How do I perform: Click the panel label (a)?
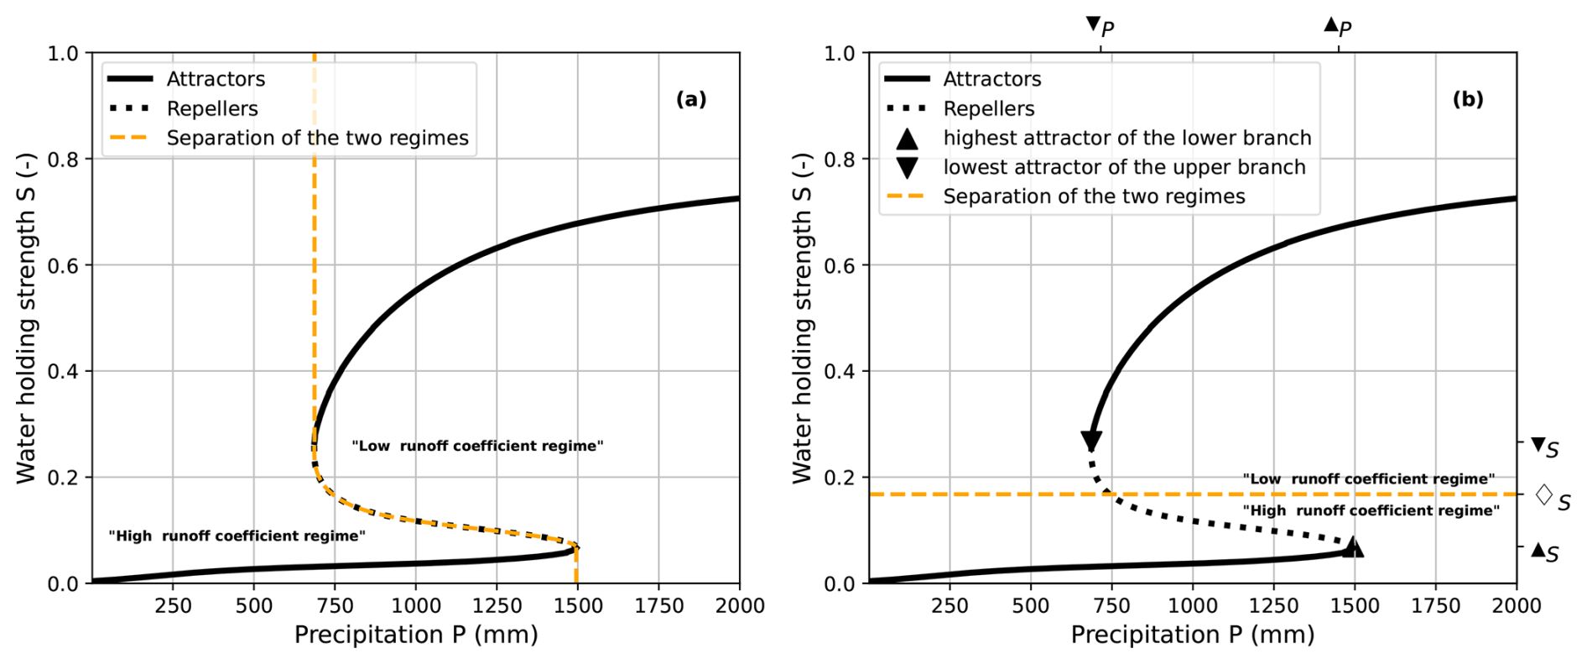(x=691, y=100)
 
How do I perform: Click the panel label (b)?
(x=1468, y=100)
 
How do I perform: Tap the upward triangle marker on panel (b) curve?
(x=1352, y=547)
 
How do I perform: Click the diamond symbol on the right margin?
(x=1543, y=494)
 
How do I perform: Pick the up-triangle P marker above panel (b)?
(x=1331, y=24)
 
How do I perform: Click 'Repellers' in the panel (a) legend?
(x=212, y=108)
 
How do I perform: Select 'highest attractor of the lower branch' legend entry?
(x=1127, y=138)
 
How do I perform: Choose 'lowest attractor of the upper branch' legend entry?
(x=1124, y=167)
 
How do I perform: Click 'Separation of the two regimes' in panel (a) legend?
(x=317, y=138)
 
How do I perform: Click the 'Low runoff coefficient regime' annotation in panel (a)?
(x=477, y=446)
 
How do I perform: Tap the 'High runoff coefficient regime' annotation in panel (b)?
(x=1371, y=510)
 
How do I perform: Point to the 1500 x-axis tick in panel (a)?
(x=578, y=605)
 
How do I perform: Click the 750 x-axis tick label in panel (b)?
(x=1112, y=605)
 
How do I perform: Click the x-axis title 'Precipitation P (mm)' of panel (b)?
(x=1192, y=635)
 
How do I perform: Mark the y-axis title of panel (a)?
(x=26, y=318)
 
